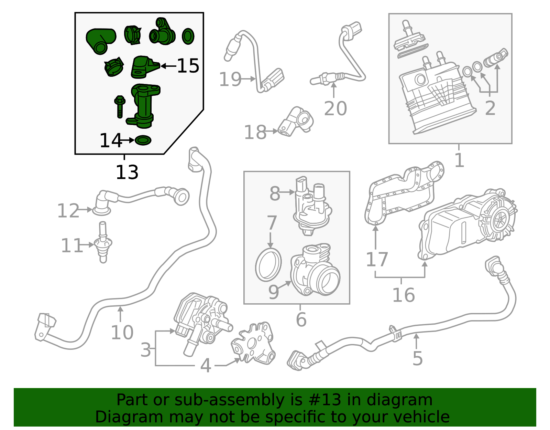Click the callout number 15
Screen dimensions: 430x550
(188, 66)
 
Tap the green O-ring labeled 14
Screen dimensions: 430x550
(143, 140)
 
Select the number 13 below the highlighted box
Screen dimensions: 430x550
(127, 172)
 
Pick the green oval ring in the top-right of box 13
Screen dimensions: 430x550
(188, 36)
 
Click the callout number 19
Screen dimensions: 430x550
(230, 80)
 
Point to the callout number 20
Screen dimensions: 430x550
(335, 108)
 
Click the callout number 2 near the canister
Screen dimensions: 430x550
(490, 108)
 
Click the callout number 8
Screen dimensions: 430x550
(275, 193)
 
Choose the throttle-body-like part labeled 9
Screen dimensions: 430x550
(315, 272)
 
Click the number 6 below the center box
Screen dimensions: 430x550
(301, 319)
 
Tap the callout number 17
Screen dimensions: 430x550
(377, 260)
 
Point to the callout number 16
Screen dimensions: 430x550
(404, 295)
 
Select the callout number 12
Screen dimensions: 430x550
(68, 211)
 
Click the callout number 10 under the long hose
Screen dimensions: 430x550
(122, 333)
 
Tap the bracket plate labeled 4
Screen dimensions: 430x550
(254, 344)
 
